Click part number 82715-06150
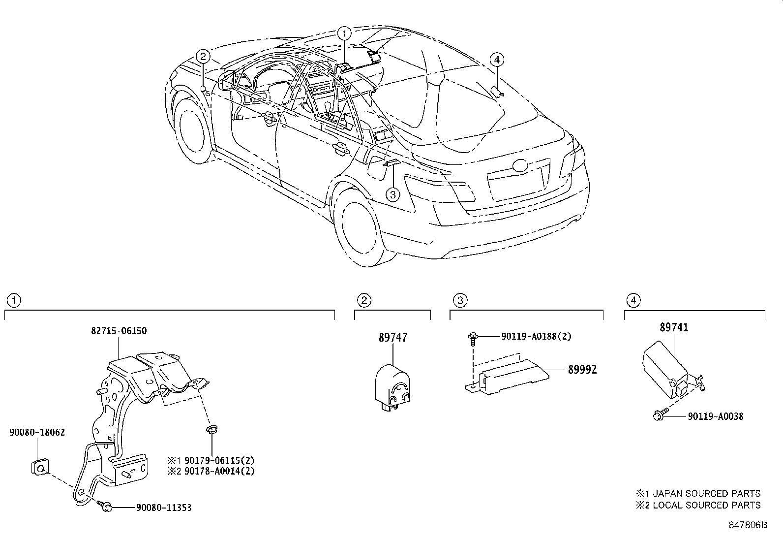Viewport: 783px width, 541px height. point(119,331)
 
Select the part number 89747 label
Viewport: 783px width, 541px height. point(393,338)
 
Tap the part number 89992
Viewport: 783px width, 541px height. point(582,370)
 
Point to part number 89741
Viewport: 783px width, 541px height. point(674,327)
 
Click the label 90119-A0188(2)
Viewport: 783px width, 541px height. point(536,337)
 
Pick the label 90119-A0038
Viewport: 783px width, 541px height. point(715,416)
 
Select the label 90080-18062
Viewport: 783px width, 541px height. point(37,432)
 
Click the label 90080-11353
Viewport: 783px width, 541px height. point(164,507)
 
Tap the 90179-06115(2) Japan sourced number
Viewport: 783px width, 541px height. point(219,461)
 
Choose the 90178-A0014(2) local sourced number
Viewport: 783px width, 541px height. point(219,471)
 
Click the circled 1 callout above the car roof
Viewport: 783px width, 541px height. point(345,33)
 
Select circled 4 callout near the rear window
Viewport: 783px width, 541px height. point(497,60)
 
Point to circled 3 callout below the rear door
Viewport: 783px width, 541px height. point(392,195)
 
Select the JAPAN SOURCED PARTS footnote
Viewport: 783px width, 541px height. point(698,493)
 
